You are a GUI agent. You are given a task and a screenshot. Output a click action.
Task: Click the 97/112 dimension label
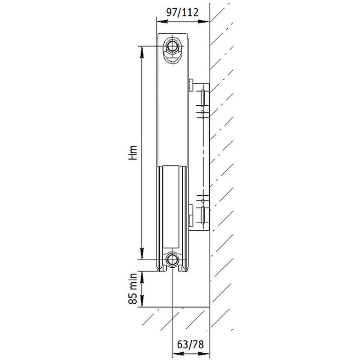[x=183, y=13]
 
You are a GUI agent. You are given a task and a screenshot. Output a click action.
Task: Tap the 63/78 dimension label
[x=190, y=344]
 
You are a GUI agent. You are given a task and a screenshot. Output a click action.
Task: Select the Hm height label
[x=133, y=153]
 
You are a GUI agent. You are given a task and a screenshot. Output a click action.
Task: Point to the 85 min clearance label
[x=133, y=289]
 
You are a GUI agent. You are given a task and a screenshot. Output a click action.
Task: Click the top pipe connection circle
[x=172, y=46]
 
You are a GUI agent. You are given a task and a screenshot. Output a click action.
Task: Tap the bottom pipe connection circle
[x=172, y=260]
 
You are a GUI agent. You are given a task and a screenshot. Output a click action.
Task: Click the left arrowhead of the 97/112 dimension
[x=162, y=22]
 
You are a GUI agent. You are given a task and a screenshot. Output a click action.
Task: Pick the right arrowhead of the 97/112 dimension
[x=204, y=22]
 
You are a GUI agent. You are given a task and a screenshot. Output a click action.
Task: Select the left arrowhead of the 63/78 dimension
[x=178, y=353]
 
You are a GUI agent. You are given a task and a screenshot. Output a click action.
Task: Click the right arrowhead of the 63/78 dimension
[x=204, y=353]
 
